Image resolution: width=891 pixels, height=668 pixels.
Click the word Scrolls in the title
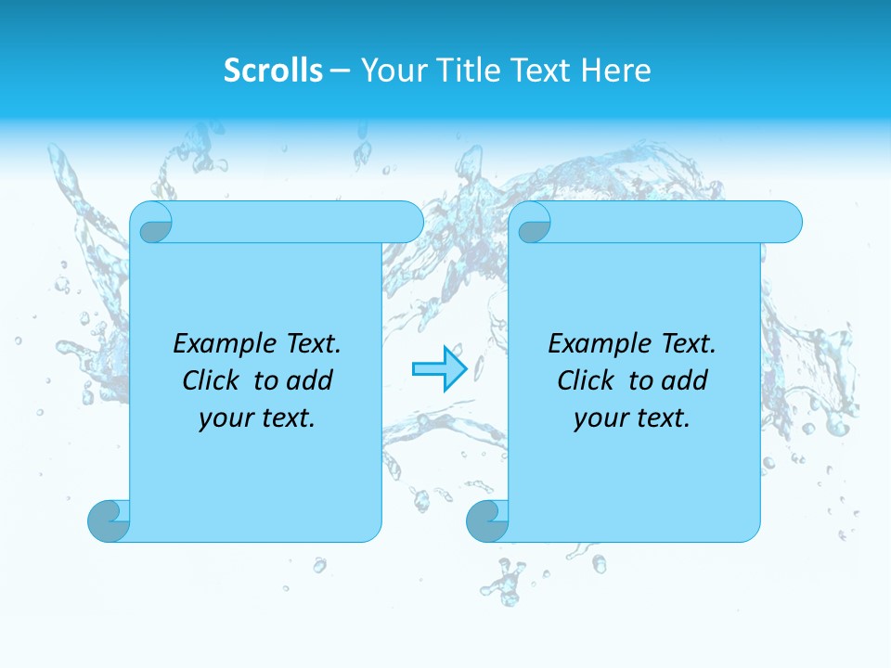[x=273, y=71]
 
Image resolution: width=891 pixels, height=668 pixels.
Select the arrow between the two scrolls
[x=439, y=368]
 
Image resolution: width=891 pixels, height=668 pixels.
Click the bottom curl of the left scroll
[x=109, y=520]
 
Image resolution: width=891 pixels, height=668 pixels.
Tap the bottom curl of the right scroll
[x=486, y=520]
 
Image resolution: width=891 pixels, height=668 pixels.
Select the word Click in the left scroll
[x=212, y=380]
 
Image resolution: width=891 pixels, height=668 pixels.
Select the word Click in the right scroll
[x=587, y=380]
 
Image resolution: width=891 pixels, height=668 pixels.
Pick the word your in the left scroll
[x=223, y=418]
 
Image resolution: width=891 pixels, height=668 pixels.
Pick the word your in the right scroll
[x=598, y=418]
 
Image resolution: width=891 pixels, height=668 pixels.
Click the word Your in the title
[x=390, y=71]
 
